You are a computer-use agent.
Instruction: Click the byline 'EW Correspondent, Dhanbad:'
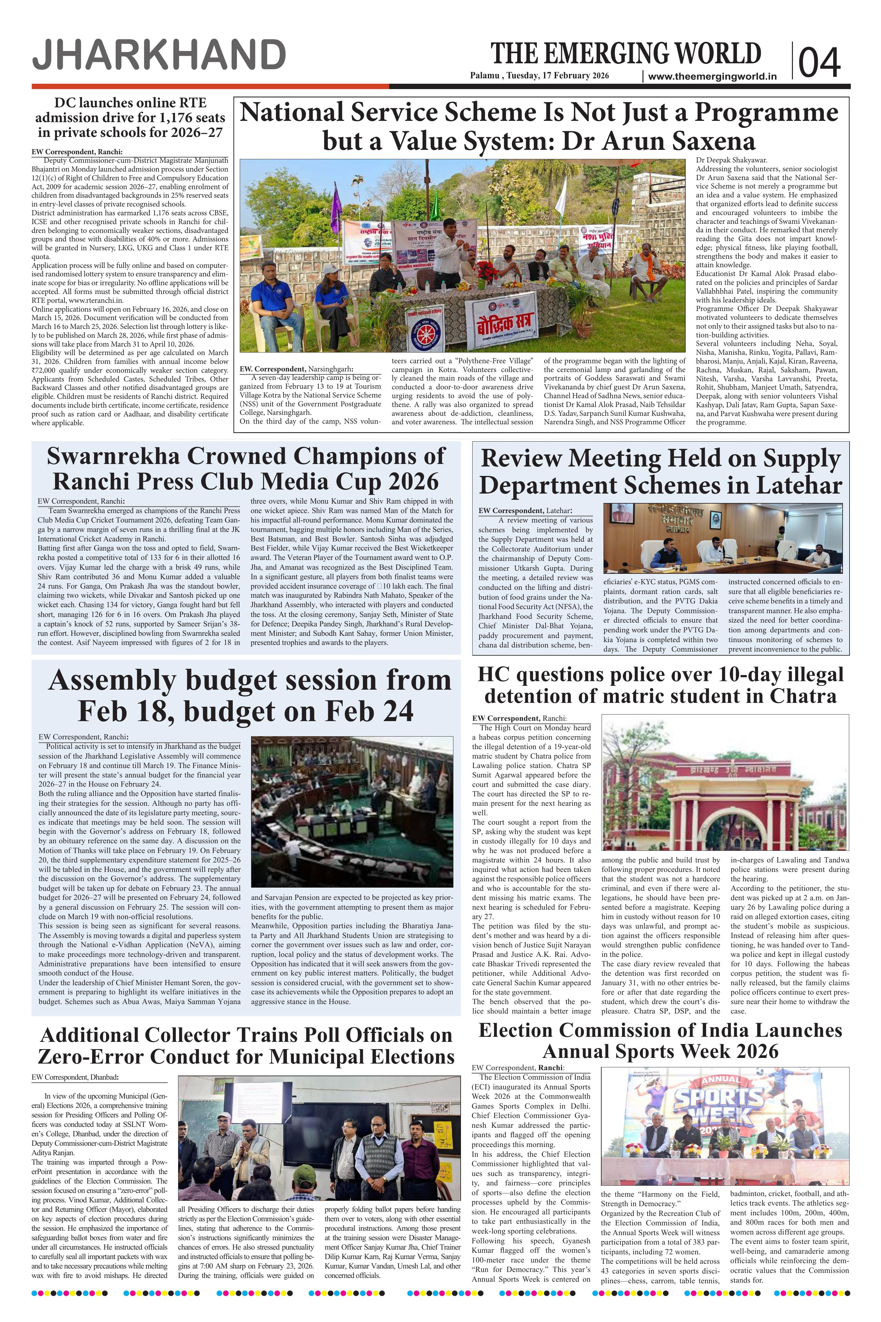tap(75, 1077)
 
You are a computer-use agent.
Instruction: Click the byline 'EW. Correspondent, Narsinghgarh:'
tap(296, 369)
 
